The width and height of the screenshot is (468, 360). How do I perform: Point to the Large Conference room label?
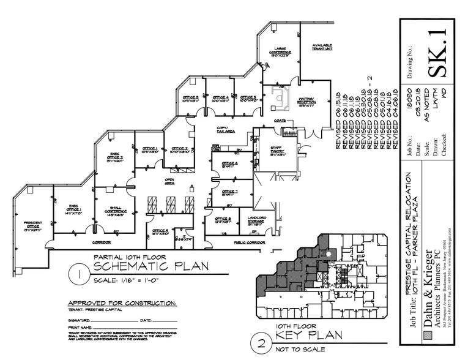[281, 52]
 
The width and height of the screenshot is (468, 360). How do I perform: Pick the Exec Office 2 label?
[115, 159]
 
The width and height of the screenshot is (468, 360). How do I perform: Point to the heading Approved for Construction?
[122, 303]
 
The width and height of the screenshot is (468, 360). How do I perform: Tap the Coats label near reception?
[281, 121]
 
